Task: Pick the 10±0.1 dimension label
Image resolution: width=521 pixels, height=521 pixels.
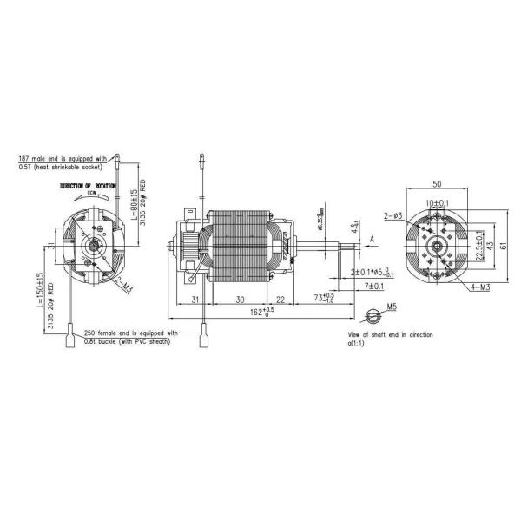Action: click(x=437, y=202)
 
